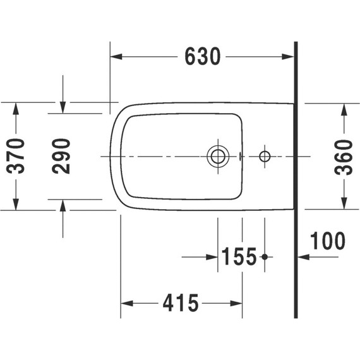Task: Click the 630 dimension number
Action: pos(203,56)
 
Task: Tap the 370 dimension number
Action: pos(16,156)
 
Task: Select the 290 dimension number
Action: pos(61,156)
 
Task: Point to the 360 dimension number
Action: pos(344,157)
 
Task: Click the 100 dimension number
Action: pos(328,241)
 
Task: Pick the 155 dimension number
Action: pos(239,256)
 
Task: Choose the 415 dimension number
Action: pos(181,303)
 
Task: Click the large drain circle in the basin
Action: pos(218,157)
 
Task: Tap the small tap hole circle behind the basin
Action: pos(265,157)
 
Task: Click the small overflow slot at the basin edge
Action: pos(241,156)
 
